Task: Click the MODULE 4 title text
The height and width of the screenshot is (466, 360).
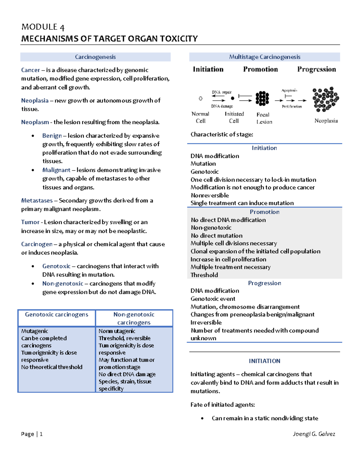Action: pos(43,27)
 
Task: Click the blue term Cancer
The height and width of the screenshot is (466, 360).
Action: pos(30,70)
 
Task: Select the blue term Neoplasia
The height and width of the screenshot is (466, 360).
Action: pos(35,101)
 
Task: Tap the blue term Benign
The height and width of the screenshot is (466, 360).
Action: pos(52,136)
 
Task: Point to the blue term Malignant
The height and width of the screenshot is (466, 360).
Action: pos(56,170)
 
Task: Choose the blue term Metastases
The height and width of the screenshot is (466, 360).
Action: pos(37,200)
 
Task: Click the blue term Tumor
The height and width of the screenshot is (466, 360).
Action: pos(30,222)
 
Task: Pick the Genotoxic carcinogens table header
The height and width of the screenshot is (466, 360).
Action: pos(56,314)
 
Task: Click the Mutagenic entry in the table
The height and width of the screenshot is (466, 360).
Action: pos(34,331)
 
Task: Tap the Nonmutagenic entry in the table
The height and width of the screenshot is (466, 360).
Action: pos(117,331)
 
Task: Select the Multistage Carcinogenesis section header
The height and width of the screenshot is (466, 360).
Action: pos(264,57)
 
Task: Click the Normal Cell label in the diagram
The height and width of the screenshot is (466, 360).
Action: pos(200,117)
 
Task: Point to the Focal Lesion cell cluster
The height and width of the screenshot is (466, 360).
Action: pos(262,98)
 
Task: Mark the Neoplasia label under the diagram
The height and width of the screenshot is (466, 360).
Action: pos(326,121)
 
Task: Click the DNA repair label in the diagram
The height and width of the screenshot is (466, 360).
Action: pos(222,92)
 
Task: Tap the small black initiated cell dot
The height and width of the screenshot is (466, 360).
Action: pos(232,98)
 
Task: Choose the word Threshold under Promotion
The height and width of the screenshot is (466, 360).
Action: pos(204,275)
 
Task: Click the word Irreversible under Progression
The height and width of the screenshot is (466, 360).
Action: pos(206,323)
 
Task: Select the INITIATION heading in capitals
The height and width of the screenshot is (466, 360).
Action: pos(264,361)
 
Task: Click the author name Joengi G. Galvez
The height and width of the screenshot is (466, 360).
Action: pos(314,434)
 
